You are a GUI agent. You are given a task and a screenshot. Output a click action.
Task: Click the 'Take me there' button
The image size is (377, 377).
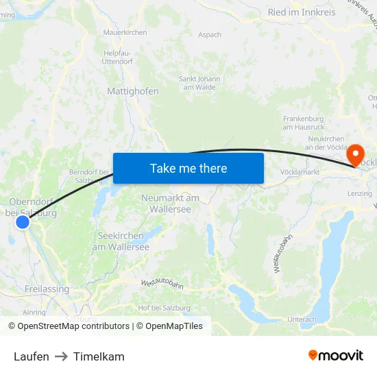coord(188,168)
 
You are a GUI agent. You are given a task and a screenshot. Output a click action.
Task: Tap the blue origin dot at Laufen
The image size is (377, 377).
coord(23,221)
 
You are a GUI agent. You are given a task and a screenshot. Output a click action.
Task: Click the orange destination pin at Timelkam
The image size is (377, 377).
coord(356,154)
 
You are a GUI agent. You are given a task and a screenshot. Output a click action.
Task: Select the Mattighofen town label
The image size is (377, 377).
coord(133,91)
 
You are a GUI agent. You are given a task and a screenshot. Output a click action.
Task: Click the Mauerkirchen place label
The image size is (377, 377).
coord(125,32)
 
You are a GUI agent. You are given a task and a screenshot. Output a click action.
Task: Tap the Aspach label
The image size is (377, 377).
coord(210,35)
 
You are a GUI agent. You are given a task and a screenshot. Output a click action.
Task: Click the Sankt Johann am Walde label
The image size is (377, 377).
coord(199,83)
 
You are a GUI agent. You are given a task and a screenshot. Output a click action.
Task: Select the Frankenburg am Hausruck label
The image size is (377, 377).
coord(303,123)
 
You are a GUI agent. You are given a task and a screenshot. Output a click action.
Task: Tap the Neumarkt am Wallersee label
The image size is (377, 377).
coord(170,203)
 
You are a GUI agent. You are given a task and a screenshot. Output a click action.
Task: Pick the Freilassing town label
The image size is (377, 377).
coord(47,289)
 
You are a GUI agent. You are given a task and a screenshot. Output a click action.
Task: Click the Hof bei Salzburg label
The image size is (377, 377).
coord(164,308)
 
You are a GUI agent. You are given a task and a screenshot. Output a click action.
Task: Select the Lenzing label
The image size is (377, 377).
coord(360,194)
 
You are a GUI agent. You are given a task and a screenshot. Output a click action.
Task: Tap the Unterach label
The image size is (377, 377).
coord(302,319)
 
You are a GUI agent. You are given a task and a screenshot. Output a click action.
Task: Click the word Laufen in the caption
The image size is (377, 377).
coord(32,356)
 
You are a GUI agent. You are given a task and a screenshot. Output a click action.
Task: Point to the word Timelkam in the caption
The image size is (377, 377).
coord(99,356)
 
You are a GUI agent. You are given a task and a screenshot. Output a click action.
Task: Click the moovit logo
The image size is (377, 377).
coord(336,355)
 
